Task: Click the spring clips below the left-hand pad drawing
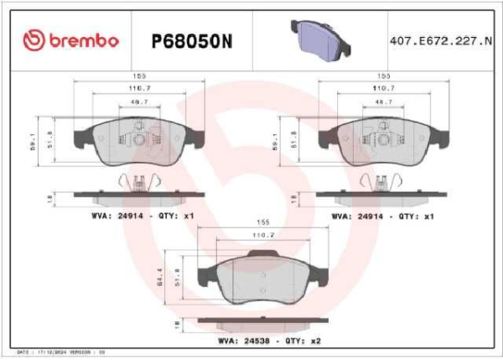coord(139,180)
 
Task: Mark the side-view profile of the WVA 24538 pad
coord(256,321)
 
